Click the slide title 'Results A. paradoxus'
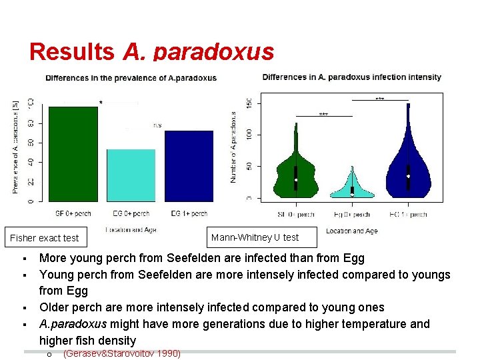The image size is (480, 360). click(151, 51)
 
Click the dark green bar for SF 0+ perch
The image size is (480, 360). click(73, 153)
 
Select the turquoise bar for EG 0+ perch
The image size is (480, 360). click(131, 175)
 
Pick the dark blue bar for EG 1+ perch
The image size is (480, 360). click(189, 165)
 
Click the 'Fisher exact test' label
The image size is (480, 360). click(45, 238)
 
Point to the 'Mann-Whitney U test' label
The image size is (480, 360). click(255, 237)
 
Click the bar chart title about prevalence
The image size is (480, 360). click(131, 78)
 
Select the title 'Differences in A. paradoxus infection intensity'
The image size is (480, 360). click(351, 77)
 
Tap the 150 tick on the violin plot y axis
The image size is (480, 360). click(249, 103)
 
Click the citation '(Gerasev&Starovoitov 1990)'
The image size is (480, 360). click(121, 353)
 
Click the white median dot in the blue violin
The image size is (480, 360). click(408, 176)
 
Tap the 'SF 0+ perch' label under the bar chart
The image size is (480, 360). click(73, 214)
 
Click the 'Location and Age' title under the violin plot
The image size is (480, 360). click(352, 231)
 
